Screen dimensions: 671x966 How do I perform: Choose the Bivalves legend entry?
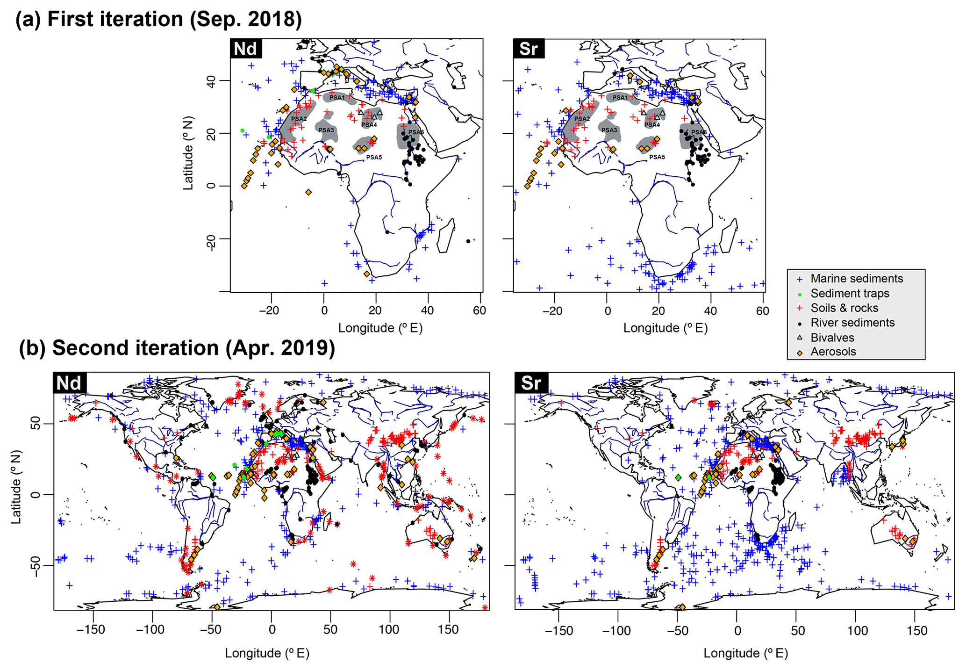tap(832, 338)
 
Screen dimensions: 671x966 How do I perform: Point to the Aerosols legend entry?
tap(833, 352)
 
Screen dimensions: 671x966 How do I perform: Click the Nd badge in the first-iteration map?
tap(246, 49)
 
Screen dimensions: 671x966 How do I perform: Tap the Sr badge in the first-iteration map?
tap(529, 49)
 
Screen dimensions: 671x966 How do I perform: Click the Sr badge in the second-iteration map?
tap(531, 383)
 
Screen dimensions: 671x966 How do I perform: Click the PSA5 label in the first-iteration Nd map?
tap(374, 158)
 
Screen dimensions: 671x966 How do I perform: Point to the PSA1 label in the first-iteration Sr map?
tap(620, 98)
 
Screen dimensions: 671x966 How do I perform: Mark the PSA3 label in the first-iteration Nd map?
tap(326, 130)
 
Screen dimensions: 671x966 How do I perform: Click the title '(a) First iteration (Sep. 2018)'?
tap(159, 20)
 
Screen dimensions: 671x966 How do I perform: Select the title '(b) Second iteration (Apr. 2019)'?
tap(177, 348)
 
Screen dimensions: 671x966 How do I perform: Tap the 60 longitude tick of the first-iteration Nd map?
tap(479, 310)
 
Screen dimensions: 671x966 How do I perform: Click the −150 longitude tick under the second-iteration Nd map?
tap(92, 630)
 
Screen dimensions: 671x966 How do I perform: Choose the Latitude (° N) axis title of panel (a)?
tap(188, 153)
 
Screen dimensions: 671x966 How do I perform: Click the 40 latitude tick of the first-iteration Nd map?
tap(210, 81)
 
